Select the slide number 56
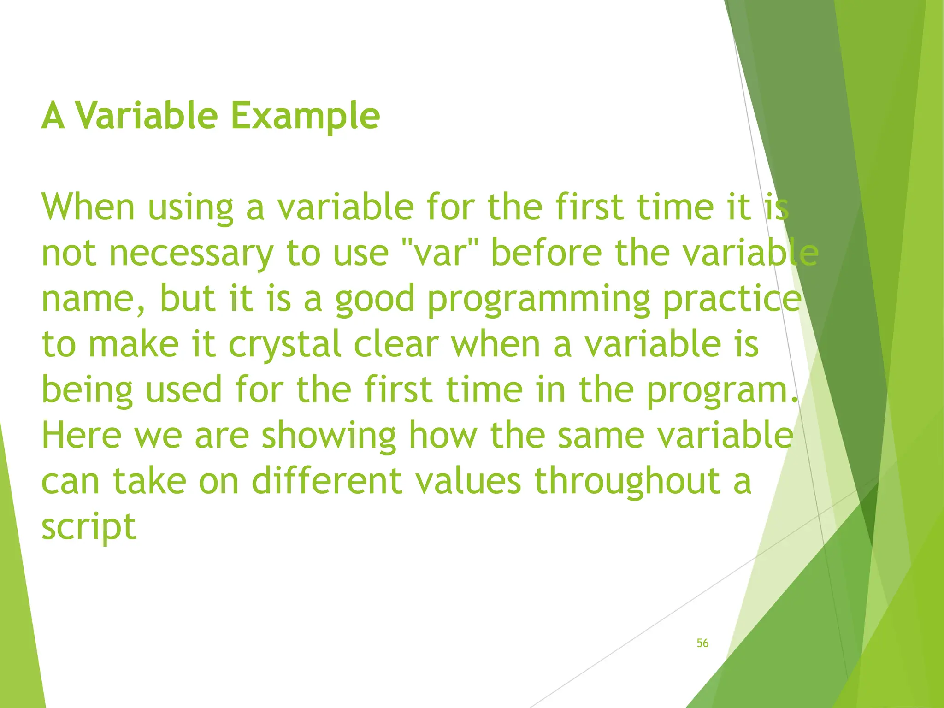click(x=702, y=643)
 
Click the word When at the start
click(x=88, y=207)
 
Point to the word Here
click(x=81, y=435)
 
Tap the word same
click(x=601, y=435)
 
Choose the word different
click(x=327, y=480)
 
